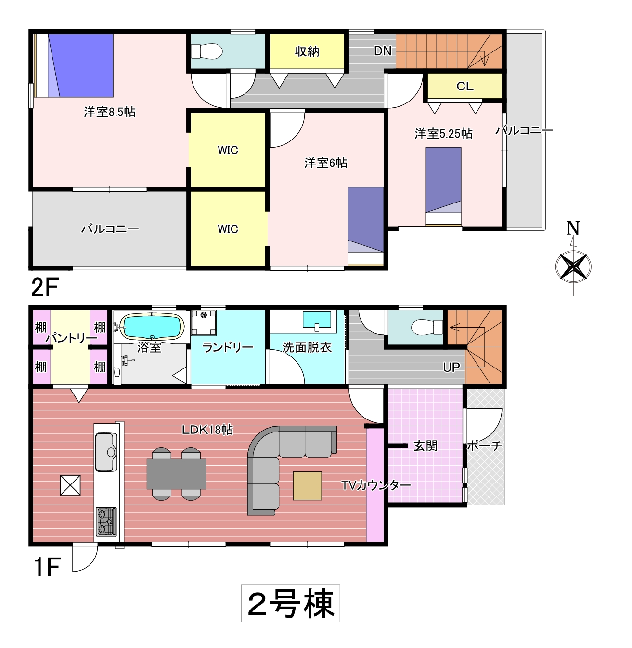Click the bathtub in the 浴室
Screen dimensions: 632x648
152,327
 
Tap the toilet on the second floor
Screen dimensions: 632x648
206,51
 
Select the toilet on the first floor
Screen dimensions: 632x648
427,327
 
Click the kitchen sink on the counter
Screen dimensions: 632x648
106,452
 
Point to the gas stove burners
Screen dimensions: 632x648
106,521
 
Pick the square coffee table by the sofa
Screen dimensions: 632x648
307,486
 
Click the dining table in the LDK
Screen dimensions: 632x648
176,474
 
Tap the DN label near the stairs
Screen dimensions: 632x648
383,51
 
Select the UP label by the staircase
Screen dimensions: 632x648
451,367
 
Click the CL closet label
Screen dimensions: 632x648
465,86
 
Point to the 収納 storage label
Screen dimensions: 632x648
307,51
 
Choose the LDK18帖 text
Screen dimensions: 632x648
207,430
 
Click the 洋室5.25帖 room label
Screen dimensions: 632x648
443,134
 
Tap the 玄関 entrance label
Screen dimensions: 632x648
425,446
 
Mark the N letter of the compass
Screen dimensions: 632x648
573,228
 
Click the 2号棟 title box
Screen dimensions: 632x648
291,603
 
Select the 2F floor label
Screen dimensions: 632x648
45,287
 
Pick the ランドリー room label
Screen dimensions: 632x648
228,348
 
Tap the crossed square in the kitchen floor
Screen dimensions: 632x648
70,485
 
